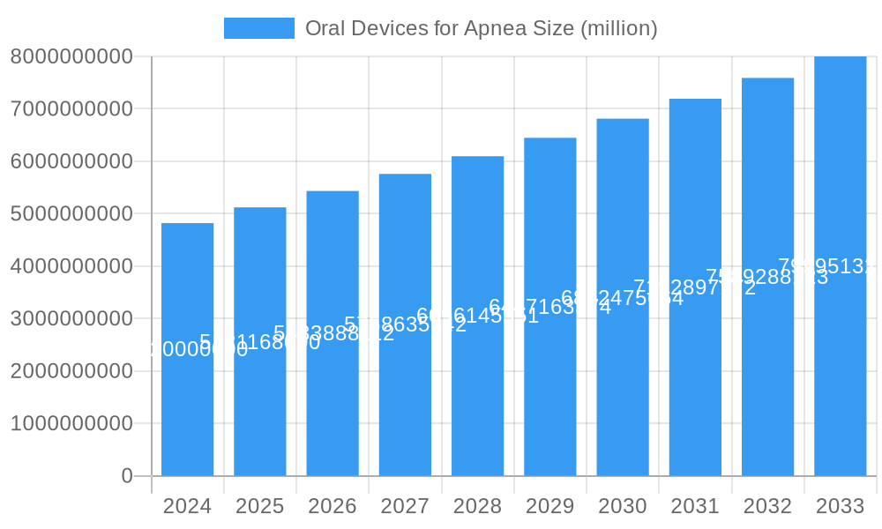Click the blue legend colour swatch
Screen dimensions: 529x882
(x=258, y=28)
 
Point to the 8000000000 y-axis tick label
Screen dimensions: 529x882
(x=71, y=56)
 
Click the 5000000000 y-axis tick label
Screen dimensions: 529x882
(x=71, y=213)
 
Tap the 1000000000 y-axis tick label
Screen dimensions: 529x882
(x=71, y=423)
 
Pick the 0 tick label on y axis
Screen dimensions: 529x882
(x=127, y=476)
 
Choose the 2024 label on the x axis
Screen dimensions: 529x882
(x=188, y=506)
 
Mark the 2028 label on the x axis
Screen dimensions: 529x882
(x=477, y=506)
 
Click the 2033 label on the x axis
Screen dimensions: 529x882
(x=840, y=506)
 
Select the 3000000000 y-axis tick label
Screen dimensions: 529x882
(x=71, y=318)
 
